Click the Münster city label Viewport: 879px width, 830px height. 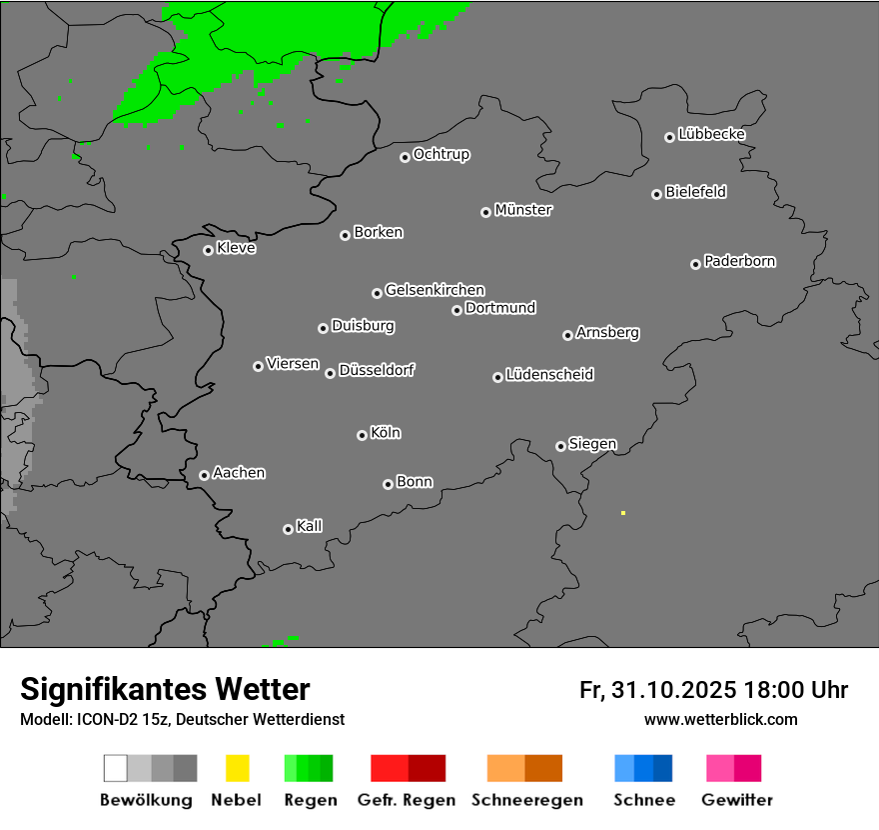(523, 210)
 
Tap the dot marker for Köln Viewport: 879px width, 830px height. (362, 435)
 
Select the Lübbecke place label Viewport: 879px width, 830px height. (712, 134)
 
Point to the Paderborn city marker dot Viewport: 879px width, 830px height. (695, 264)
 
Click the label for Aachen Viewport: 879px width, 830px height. (239, 473)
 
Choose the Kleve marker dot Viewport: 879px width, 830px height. (208, 250)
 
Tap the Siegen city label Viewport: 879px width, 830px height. (592, 444)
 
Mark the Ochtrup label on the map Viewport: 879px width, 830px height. (441, 155)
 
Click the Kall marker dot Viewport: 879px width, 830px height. (288, 529)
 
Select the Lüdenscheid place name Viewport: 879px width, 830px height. (549, 375)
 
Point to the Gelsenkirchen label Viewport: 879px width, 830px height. (435, 290)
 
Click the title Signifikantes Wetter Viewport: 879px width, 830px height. (165, 689)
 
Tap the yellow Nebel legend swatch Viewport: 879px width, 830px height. (237, 768)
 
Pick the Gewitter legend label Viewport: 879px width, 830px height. (737, 800)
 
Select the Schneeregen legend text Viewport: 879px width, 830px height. (526, 800)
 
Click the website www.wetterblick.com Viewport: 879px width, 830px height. (720, 720)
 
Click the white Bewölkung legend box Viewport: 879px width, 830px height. (115, 768)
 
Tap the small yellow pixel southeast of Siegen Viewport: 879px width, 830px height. (623, 513)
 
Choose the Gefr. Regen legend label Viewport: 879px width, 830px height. (407, 800)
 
